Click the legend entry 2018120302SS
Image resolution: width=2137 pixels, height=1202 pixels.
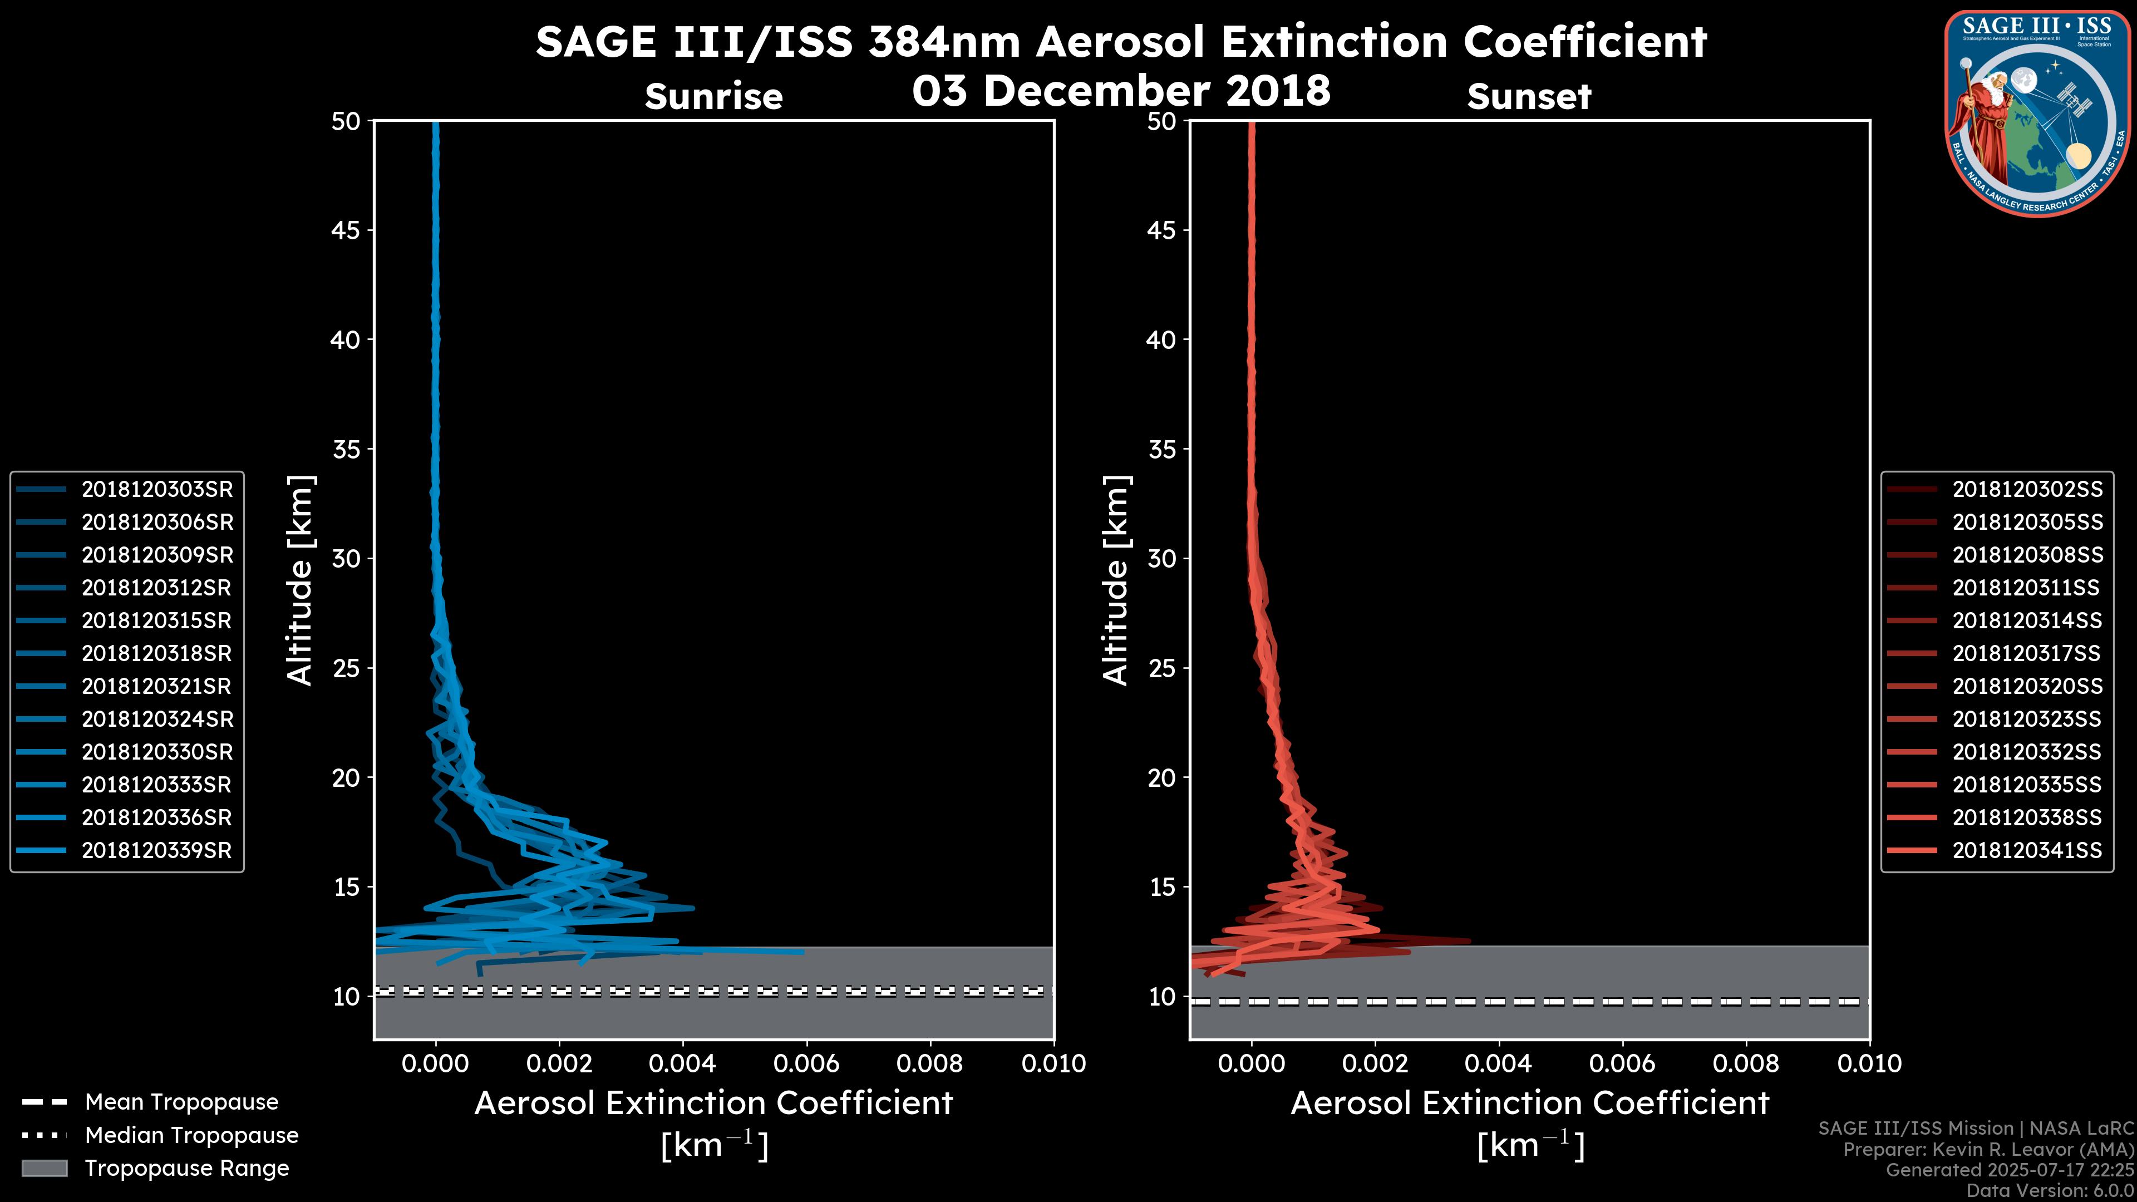point(2027,490)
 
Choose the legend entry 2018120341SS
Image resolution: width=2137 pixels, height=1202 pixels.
point(2027,850)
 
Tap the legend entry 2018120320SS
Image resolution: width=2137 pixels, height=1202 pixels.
point(2027,686)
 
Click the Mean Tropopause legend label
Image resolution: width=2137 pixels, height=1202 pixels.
point(181,1102)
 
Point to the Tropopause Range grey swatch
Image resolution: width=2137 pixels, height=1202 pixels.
point(45,1168)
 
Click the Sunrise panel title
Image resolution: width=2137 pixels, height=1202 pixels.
point(713,97)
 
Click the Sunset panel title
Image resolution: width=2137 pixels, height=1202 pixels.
point(1529,97)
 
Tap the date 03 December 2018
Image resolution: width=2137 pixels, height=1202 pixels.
point(1121,90)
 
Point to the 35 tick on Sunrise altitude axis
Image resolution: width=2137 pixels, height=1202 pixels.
point(346,450)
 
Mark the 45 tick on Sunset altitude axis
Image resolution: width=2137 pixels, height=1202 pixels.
point(1161,230)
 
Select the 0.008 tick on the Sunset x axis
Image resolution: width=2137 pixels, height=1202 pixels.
point(1746,1063)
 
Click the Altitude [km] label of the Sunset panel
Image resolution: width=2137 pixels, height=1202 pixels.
point(1116,580)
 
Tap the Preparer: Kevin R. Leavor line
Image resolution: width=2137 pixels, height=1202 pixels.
point(1988,1149)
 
